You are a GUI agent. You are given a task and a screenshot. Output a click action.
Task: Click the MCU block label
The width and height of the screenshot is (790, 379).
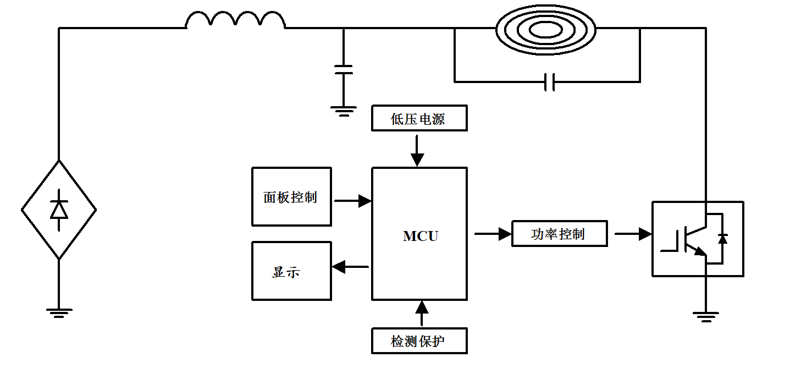tap(421, 236)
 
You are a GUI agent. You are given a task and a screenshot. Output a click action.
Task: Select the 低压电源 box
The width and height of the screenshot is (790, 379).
tap(419, 118)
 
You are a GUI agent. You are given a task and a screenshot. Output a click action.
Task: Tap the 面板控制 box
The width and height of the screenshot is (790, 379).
tap(291, 197)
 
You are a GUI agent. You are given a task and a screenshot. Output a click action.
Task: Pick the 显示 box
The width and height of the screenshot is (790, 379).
tap(291, 271)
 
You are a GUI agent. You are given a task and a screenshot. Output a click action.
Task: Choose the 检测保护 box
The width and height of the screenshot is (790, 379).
tap(419, 341)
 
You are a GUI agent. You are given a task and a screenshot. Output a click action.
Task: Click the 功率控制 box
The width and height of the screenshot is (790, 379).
tap(559, 234)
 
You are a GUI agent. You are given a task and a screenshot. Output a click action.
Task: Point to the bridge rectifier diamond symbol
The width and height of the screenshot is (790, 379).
tap(59, 210)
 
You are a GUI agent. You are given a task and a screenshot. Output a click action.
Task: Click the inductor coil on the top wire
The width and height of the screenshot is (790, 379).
tap(235, 21)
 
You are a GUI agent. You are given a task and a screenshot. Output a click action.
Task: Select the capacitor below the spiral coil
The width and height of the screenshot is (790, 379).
tap(549, 82)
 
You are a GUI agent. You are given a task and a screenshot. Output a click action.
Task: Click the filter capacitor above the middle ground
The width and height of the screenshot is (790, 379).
tap(344, 69)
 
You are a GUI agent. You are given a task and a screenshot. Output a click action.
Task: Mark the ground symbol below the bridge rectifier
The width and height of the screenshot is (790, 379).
tap(59, 312)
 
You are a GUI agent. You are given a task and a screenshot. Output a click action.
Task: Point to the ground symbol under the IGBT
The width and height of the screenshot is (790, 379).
tap(706, 316)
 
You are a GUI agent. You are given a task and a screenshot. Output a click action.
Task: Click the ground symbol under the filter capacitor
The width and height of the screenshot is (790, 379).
tap(344, 111)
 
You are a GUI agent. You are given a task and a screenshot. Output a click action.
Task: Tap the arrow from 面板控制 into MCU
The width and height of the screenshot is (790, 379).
tap(352, 201)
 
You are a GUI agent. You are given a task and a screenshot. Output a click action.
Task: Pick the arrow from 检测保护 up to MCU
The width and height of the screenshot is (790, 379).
tap(422, 314)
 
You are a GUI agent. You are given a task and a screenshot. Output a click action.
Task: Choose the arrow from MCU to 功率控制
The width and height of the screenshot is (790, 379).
tap(493, 234)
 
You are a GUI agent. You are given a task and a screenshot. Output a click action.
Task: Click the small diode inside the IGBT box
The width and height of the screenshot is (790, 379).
tap(722, 238)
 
